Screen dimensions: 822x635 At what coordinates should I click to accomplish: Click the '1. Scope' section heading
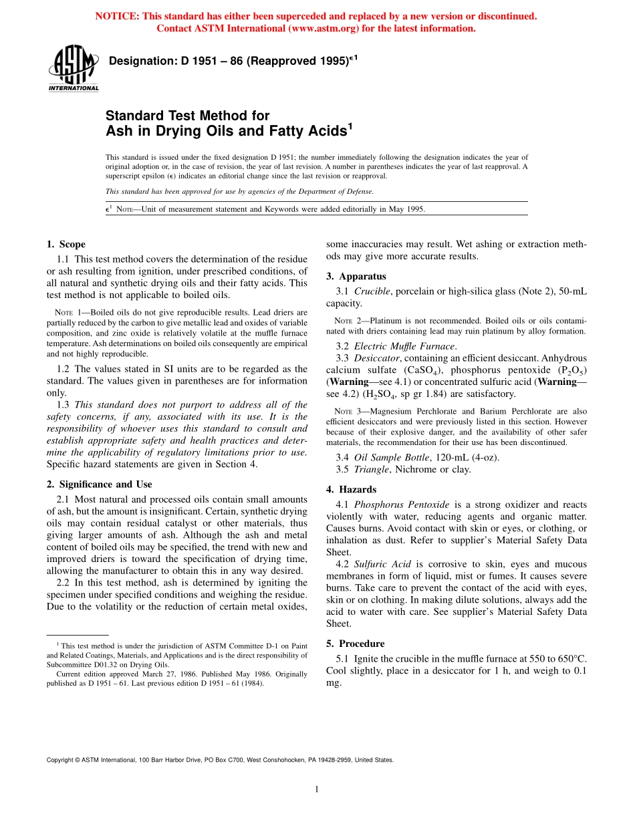66,245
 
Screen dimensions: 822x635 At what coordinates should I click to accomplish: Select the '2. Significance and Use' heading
99,485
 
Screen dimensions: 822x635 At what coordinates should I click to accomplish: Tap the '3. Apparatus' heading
356,276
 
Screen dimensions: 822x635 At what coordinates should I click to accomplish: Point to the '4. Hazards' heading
351,489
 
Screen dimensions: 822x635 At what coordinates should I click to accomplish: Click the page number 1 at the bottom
317,790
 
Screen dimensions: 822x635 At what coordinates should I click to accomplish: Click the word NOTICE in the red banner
117,16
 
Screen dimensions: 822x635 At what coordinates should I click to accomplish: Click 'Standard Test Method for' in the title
188,116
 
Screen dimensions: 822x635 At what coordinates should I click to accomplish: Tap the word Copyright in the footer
61,760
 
